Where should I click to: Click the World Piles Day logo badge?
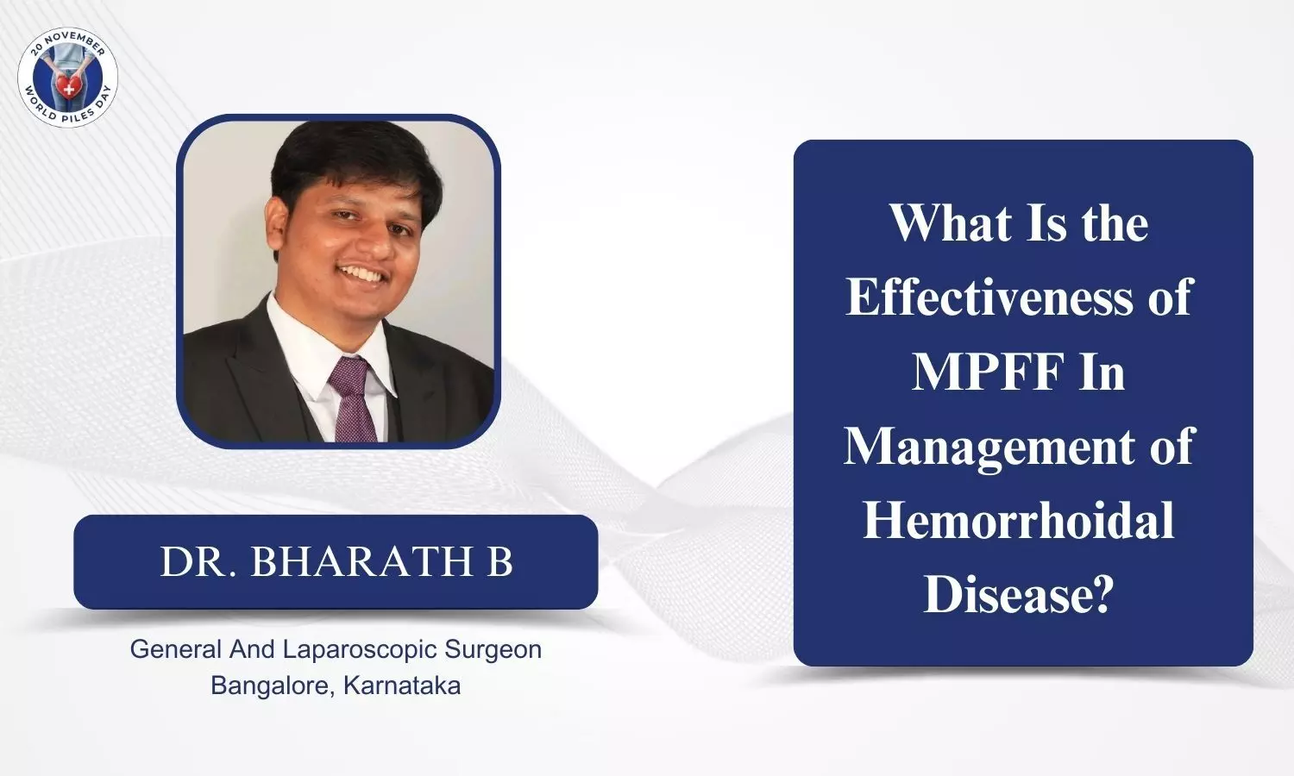click(x=67, y=77)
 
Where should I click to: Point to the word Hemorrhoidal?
click(x=1019, y=521)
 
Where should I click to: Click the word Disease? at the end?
click(x=1019, y=595)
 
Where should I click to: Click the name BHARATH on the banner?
click(x=362, y=561)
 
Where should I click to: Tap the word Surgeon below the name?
click(x=493, y=649)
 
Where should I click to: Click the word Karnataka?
click(x=402, y=686)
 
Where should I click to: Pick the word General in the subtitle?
click(x=176, y=649)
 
